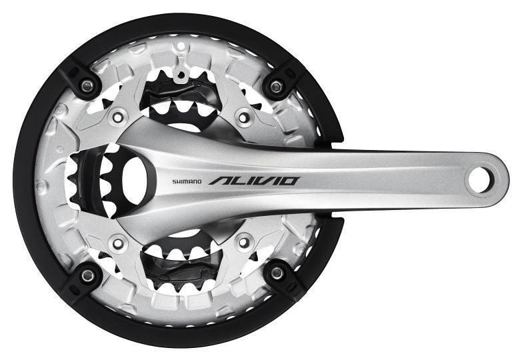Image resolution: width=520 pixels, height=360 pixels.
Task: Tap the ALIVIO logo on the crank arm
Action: point(255,181)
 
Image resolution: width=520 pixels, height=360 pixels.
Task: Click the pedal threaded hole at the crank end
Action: point(479,181)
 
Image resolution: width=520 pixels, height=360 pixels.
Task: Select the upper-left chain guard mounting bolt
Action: point(87,87)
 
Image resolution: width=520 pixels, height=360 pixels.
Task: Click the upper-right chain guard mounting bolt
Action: point(276,87)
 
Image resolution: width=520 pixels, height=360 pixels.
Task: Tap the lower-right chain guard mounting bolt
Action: point(277,273)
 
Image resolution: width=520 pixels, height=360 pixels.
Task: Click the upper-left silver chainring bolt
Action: point(117,117)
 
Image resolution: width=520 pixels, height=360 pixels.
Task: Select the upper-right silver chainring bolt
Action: point(244,117)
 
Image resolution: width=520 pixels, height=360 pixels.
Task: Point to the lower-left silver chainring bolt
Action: point(118,243)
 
